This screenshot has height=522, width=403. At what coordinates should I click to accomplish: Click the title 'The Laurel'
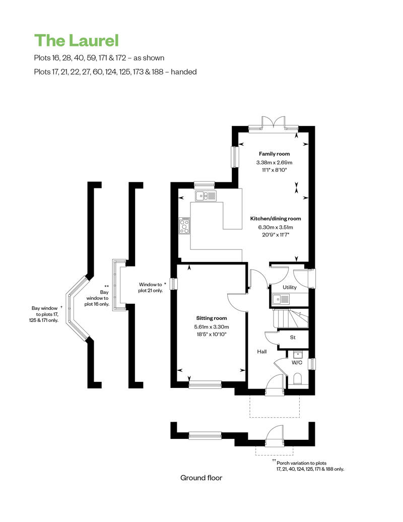click(76, 41)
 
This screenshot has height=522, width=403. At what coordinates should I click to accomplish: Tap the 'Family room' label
click(274, 154)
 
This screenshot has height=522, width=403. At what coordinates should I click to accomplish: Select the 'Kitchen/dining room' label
click(276, 219)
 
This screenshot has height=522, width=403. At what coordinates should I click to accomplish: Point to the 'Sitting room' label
click(211, 318)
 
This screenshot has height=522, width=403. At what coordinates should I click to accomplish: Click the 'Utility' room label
click(290, 287)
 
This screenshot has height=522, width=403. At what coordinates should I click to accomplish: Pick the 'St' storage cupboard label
click(293, 338)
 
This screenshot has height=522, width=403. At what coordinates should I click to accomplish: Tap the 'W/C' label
click(297, 363)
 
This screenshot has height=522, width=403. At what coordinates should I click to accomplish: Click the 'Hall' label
click(262, 352)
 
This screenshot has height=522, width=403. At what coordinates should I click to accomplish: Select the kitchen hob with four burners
click(184, 225)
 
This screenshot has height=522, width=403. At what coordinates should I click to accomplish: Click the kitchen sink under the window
click(206, 196)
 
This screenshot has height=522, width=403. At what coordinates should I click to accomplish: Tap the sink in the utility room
click(281, 300)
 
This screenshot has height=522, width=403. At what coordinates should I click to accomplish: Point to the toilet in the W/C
click(298, 379)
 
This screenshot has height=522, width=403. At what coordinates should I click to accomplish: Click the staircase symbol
click(291, 318)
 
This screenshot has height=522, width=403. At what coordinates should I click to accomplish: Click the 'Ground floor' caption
click(201, 478)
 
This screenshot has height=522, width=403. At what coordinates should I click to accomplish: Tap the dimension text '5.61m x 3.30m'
click(211, 327)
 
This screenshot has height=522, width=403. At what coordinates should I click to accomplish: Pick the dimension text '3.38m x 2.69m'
click(274, 162)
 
